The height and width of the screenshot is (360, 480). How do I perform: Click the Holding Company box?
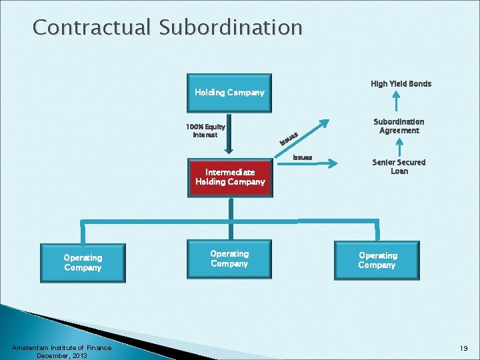(x=229, y=93)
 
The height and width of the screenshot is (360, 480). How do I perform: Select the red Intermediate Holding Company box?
(x=230, y=177)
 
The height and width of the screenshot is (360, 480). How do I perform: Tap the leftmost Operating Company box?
(x=83, y=263)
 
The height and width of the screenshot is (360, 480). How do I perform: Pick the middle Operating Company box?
(x=229, y=259)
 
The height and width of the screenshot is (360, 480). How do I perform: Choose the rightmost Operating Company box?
(x=377, y=260)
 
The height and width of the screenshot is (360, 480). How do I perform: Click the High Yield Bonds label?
(x=401, y=84)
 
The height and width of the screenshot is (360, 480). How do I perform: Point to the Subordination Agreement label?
(x=399, y=126)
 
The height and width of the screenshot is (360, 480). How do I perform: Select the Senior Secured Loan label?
(x=399, y=167)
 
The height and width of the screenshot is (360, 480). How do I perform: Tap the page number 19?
(x=463, y=348)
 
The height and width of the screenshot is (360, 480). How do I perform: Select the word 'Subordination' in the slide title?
(x=230, y=28)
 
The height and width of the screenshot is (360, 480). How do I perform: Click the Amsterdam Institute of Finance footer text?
(x=61, y=348)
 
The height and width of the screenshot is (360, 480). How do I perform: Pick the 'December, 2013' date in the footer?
(x=61, y=356)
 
